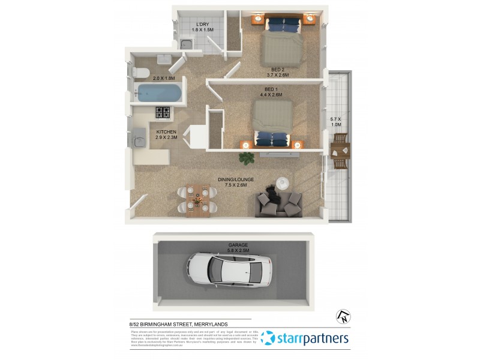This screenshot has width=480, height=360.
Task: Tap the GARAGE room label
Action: click(238, 245)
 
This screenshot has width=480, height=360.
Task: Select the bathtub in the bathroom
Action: click(159, 93)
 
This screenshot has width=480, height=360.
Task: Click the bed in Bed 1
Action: click(273, 123)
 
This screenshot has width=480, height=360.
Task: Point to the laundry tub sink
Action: click(187, 43)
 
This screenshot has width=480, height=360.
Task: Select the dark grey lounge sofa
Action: click(280, 203)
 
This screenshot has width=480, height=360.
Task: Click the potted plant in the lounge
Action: click(246, 158)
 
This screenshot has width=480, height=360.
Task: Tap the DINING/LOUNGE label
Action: click(236, 179)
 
